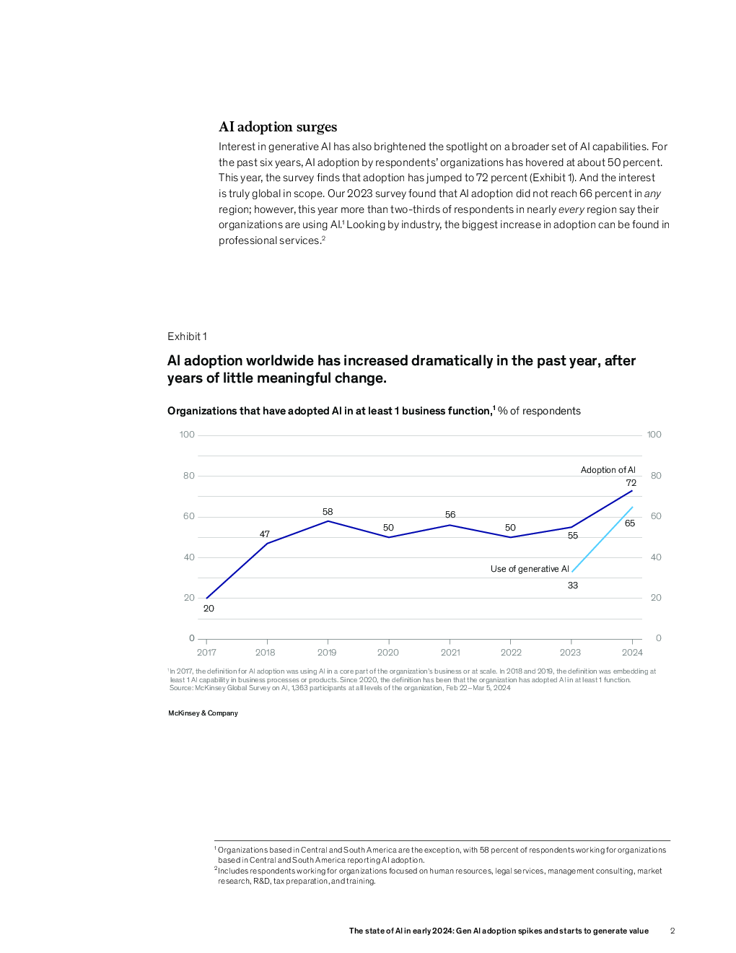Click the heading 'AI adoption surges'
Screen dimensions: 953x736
tap(278, 127)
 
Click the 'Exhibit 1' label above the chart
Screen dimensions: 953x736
tap(187, 336)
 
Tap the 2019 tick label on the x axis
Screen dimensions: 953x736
tap(327, 653)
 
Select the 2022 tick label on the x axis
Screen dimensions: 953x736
tap(511, 653)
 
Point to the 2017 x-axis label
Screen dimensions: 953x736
tap(206, 653)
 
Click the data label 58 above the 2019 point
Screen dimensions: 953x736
tap(328, 512)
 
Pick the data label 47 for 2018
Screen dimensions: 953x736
tap(265, 534)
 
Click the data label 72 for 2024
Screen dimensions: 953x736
tap(631, 483)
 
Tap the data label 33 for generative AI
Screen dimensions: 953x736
tap(573, 586)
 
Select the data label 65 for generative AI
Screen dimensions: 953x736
tap(630, 523)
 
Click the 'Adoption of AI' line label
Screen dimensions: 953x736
tap(608, 470)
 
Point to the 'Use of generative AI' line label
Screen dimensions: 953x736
tap(530, 569)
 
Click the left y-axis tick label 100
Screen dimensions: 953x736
tap(187, 435)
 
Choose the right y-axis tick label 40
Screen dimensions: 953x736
tap(656, 557)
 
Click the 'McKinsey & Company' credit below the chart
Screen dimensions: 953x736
tap(203, 713)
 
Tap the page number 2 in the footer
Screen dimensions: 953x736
tap(673, 931)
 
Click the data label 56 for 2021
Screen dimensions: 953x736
tap(450, 515)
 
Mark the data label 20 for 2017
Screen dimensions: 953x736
tap(209, 609)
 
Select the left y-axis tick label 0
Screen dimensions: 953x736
tap(192, 638)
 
